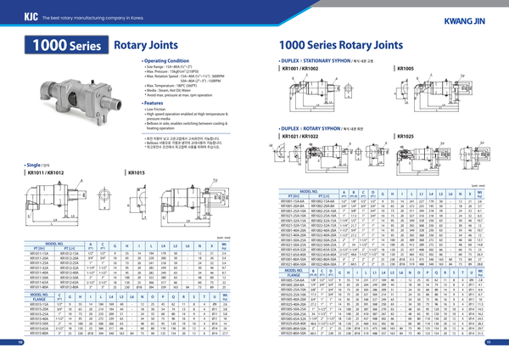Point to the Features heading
[x=154, y=103]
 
